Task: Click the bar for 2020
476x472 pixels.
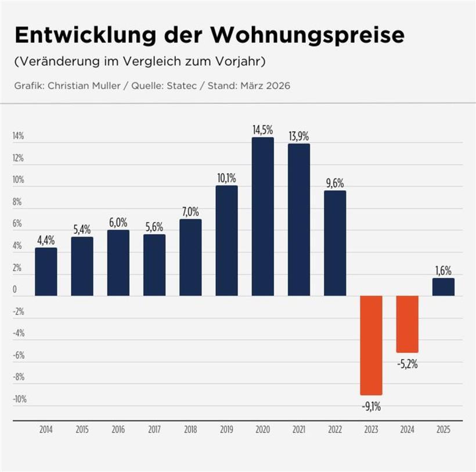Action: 263,216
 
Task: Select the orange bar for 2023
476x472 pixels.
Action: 372,345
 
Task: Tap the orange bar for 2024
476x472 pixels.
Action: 408,324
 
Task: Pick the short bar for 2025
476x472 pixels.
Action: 443,287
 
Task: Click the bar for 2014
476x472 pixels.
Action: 46,271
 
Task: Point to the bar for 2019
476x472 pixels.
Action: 226,240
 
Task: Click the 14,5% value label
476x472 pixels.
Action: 262,130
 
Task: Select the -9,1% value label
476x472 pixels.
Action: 372,407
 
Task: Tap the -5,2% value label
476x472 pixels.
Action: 408,364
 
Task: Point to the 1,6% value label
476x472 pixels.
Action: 443,270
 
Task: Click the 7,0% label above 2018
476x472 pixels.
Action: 190,211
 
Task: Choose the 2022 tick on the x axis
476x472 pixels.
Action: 335,430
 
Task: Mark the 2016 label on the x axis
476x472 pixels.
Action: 118,430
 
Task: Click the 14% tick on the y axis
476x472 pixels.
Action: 18,136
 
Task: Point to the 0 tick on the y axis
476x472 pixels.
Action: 15,289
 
